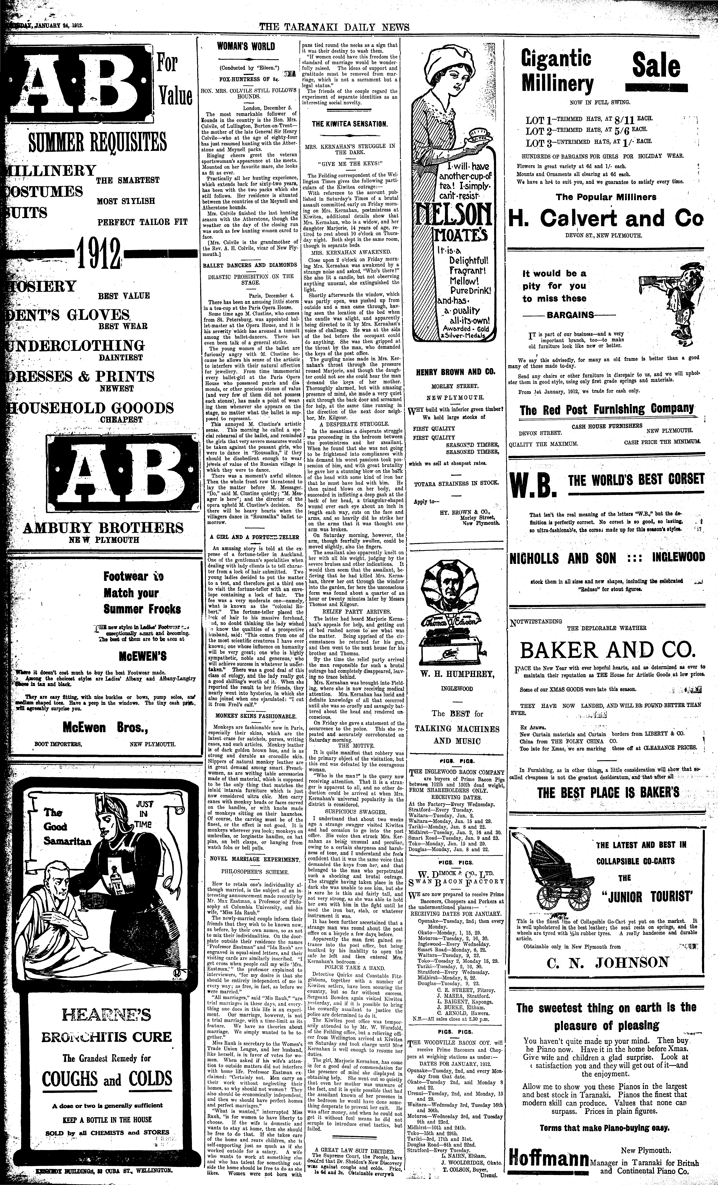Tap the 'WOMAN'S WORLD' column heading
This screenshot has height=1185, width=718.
coord(246,47)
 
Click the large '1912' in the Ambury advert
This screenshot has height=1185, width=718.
coord(99,256)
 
